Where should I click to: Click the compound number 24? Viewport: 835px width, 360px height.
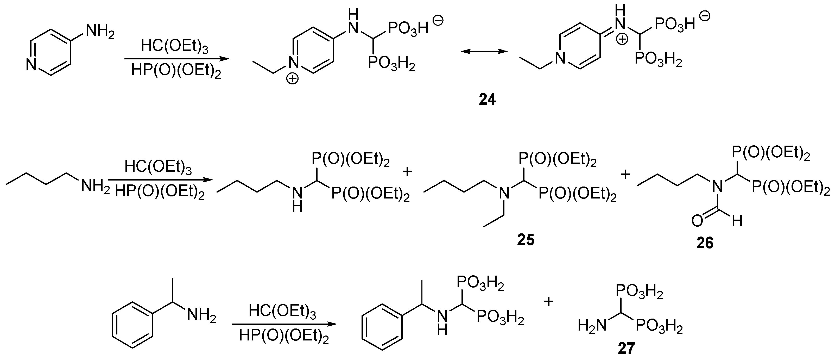[487, 100]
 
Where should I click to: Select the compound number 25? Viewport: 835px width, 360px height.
[526, 240]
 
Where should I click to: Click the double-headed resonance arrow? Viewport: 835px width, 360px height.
[484, 51]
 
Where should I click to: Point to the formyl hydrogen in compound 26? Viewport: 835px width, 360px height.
[737, 221]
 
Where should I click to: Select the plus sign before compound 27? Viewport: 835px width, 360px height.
[548, 302]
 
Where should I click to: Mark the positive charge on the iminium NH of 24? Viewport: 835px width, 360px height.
[622, 39]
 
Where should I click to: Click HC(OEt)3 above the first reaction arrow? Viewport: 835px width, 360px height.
[174, 47]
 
